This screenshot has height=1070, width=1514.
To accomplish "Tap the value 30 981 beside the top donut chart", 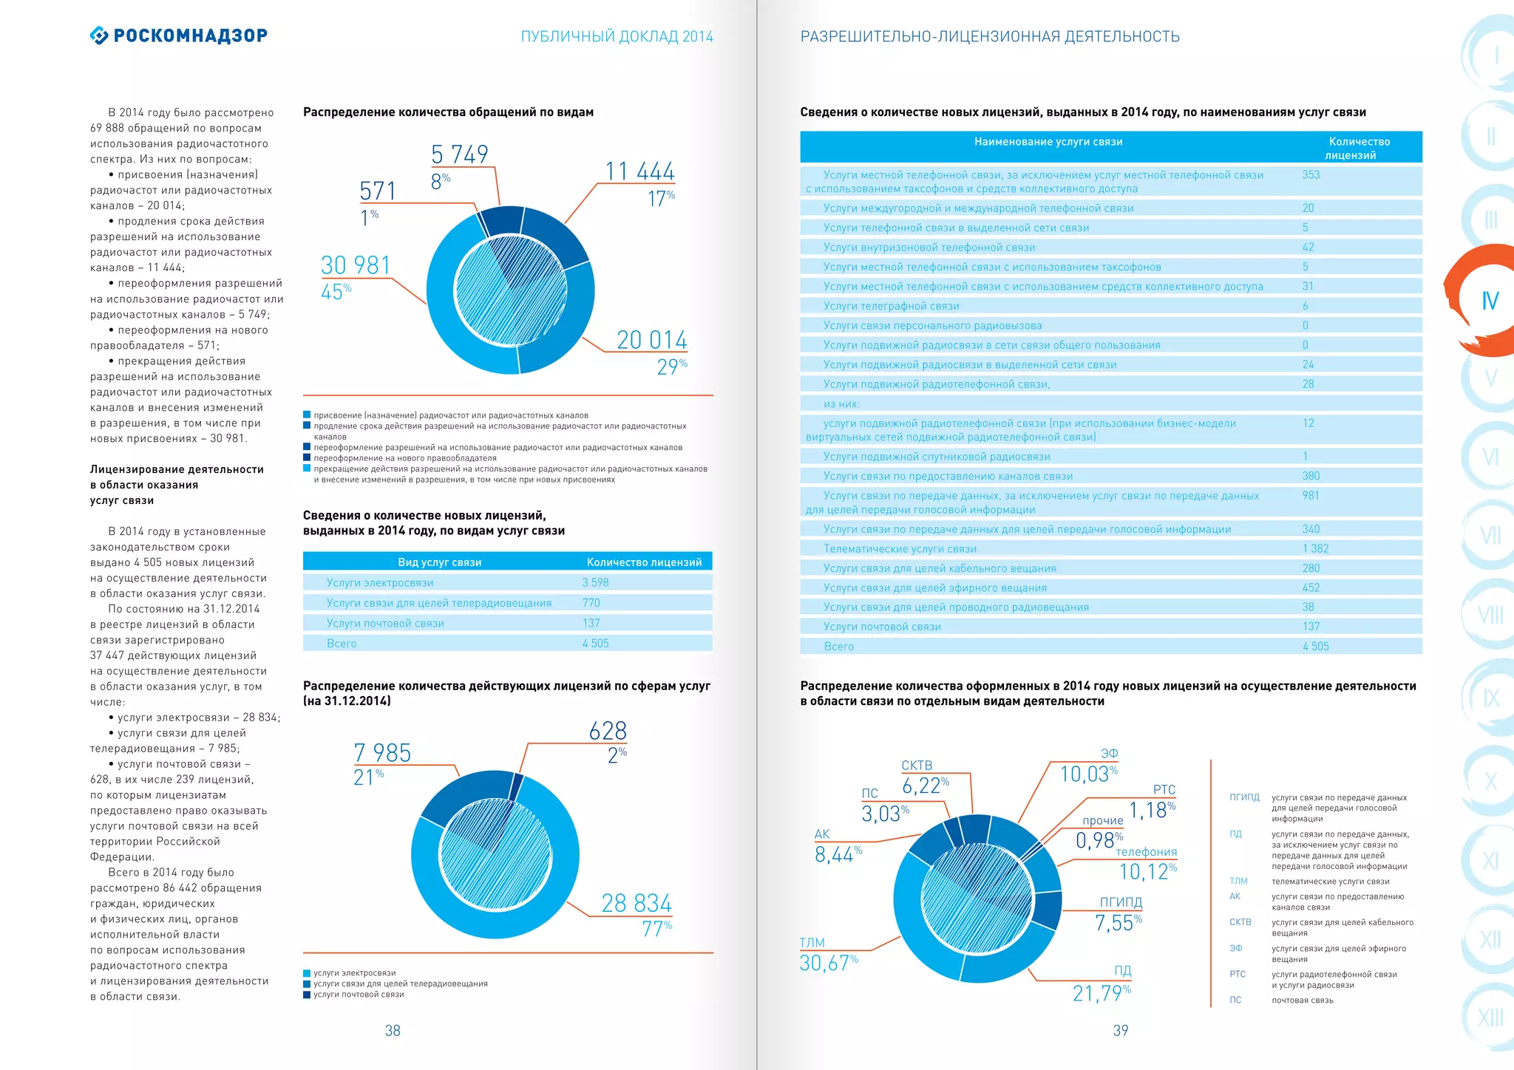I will point(356,265).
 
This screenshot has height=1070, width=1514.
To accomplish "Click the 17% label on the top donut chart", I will point(660,198).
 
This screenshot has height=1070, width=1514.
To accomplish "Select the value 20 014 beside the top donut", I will point(652,340).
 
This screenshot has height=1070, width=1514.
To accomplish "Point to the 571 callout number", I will point(378,191).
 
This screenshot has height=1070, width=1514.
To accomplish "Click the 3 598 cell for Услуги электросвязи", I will point(595,582).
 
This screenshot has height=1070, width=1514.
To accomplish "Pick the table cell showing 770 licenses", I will point(591,603).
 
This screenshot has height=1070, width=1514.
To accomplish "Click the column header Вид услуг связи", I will point(439,562).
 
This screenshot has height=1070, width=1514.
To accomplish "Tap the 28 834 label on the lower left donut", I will point(637,903).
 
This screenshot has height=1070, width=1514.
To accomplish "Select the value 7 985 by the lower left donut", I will point(382,753).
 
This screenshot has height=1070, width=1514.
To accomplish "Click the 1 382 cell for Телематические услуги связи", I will point(1315,548).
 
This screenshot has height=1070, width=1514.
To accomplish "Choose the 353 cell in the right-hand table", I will point(1311,175).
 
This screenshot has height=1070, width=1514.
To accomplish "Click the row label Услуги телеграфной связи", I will point(891,306).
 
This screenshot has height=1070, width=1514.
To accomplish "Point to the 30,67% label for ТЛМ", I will point(828,963).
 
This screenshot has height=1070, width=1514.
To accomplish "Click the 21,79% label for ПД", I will point(1101,993).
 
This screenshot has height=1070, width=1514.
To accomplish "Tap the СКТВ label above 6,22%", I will point(917,766).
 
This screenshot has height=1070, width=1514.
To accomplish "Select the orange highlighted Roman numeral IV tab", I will point(1490,301).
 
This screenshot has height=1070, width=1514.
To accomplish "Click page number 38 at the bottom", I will point(393,1030).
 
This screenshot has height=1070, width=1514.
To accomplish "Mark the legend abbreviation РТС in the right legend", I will point(1237,974).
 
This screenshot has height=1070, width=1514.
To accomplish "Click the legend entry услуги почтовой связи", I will point(359,995).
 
